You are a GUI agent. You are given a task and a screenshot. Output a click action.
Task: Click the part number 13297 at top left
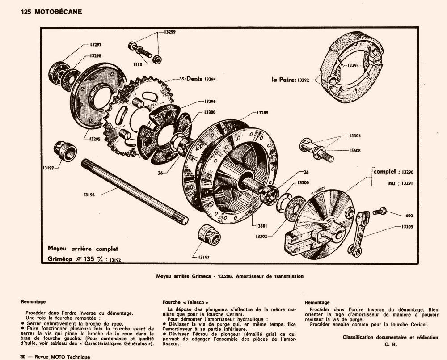click(x=95, y=44)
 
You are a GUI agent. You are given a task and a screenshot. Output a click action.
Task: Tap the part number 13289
click(x=263, y=113)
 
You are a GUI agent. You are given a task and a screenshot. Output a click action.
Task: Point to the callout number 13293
click(x=354, y=65)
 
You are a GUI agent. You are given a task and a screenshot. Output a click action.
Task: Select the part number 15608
click(x=355, y=151)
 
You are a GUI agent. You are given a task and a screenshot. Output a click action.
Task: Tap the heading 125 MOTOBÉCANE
click(x=51, y=12)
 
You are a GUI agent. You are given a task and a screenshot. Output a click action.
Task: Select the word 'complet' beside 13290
click(x=385, y=171)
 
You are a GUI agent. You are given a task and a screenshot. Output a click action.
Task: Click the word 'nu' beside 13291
click(x=391, y=183)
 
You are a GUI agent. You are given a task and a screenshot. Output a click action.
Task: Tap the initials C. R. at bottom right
click(x=390, y=345)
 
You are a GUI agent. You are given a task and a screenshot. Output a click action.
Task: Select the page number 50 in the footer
click(x=23, y=357)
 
